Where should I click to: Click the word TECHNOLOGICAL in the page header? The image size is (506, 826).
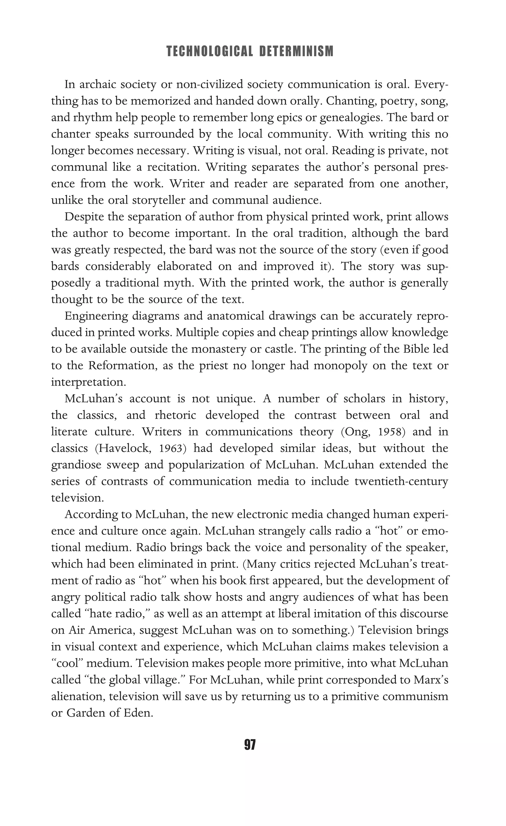pos(209,51)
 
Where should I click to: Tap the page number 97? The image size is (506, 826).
pos(250,745)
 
